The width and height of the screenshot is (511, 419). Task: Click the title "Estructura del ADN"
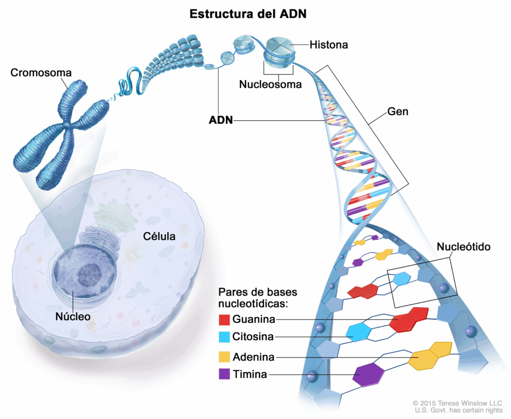[248, 14]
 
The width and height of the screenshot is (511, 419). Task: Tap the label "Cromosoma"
[41, 73]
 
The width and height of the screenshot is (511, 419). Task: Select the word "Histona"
[328, 45]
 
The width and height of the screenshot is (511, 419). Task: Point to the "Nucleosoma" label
[270, 84]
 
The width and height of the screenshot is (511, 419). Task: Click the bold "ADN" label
[221, 120]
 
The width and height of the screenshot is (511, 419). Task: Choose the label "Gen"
[398, 111]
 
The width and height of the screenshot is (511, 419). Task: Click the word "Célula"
[159, 236]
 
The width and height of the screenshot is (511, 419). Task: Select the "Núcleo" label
[73, 316]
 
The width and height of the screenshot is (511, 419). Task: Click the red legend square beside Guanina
[225, 319]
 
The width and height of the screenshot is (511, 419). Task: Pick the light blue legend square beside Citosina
[225, 337]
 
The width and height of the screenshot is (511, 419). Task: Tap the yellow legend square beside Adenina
[225, 357]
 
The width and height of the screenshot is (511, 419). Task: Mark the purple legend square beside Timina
[225, 374]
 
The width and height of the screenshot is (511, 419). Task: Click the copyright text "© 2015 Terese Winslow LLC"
[458, 403]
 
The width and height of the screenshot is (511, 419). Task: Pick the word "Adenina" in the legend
[253, 357]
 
